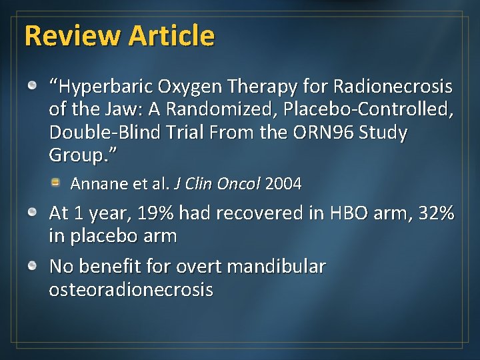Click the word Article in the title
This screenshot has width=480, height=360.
[x=172, y=35]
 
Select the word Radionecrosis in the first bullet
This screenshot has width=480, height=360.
[x=393, y=87]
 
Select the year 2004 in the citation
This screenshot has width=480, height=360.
[x=283, y=183]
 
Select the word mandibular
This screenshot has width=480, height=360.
[x=276, y=267]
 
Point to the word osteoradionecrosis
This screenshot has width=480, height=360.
[x=131, y=289]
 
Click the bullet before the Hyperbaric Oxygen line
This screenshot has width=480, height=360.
[x=33, y=86]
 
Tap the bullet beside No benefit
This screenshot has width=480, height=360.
[x=33, y=266]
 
